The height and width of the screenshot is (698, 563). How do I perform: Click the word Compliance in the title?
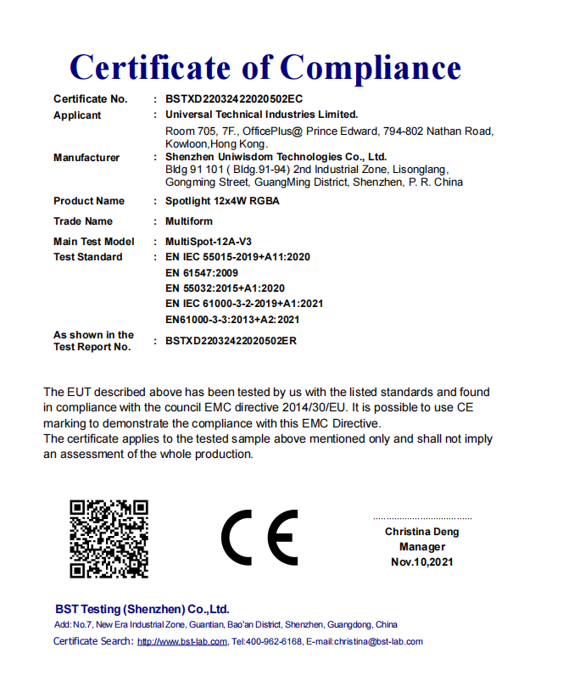(x=371, y=67)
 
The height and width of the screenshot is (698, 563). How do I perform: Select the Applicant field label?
(x=77, y=114)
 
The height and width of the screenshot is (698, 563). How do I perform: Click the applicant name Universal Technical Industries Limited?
(x=262, y=114)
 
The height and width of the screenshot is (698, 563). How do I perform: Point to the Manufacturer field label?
(x=86, y=158)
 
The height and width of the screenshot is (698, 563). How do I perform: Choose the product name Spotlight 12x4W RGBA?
(x=222, y=201)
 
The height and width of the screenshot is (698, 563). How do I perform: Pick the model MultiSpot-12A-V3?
(x=209, y=242)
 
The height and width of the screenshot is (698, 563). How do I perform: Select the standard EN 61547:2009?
(x=202, y=273)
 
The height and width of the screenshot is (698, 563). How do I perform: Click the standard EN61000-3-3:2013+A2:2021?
(x=233, y=320)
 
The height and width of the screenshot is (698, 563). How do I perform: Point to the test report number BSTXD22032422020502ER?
(x=231, y=341)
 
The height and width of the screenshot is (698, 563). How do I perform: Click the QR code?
(x=109, y=539)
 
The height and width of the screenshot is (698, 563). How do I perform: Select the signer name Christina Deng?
(x=422, y=532)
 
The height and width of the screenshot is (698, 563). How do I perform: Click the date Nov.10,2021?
(x=422, y=562)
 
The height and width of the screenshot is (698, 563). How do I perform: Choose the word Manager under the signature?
(x=422, y=547)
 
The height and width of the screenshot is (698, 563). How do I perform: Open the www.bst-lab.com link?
(x=182, y=642)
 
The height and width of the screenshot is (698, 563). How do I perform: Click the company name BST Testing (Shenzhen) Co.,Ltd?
(x=142, y=609)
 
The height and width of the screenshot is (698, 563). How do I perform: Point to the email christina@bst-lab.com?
(x=377, y=642)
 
